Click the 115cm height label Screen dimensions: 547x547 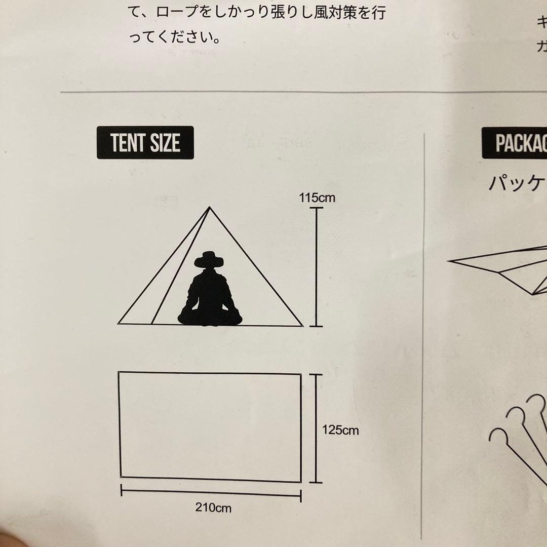tap(317, 198)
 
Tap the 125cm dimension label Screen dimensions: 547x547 tap(340, 430)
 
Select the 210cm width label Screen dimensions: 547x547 tap(213, 507)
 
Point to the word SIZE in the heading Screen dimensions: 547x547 tap(165, 143)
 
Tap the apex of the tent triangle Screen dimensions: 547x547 tap(209, 207)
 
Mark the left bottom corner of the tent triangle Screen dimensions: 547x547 tap(119, 323)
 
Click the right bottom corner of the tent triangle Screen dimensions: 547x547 tap(303, 326)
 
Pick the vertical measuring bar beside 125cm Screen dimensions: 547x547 tap(316, 428)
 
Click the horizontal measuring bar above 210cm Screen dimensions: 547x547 tap(211, 493)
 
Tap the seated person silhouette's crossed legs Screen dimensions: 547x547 tap(210, 317)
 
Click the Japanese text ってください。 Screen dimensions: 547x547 tap(175, 37)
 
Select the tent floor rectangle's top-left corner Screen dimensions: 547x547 tap(119, 372)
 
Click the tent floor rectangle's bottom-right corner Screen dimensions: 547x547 tap(301, 482)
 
